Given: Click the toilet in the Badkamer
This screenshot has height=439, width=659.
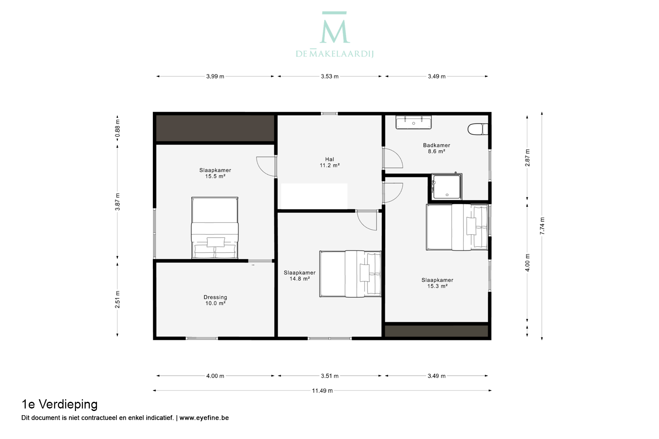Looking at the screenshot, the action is click(x=478, y=129).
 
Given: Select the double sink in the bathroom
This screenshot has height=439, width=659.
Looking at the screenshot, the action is click(x=413, y=122).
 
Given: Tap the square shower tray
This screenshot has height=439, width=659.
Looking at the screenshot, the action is click(x=446, y=187).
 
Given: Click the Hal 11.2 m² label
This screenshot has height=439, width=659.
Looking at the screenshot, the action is click(x=329, y=162).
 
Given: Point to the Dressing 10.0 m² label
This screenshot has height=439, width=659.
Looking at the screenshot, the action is click(x=215, y=300).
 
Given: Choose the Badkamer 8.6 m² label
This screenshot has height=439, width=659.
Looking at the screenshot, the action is click(x=436, y=148).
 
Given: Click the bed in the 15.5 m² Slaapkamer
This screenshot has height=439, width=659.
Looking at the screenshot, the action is click(x=215, y=228).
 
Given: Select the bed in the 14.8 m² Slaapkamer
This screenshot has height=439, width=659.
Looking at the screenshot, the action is click(x=350, y=274).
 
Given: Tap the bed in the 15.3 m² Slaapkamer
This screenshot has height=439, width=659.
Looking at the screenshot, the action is click(x=457, y=227).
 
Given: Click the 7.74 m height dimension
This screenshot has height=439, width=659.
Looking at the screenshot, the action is click(x=542, y=226).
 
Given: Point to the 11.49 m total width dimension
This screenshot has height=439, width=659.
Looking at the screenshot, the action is click(x=322, y=391).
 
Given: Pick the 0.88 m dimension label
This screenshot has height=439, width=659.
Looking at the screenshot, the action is click(x=117, y=128).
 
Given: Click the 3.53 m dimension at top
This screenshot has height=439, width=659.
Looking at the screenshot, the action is click(x=329, y=77).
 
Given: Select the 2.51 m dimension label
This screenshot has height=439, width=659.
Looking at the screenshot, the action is click(x=117, y=299).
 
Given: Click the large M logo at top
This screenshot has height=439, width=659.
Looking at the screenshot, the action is click(x=335, y=28).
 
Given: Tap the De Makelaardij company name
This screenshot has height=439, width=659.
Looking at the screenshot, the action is click(x=335, y=53).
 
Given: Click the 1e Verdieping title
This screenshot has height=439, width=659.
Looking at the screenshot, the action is click(x=59, y=404).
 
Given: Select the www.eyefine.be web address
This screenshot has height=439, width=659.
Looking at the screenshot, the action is click(x=204, y=418).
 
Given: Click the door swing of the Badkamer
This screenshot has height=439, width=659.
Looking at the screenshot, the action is click(x=393, y=158).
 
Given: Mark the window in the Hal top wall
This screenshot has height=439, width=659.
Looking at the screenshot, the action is click(x=329, y=114).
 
